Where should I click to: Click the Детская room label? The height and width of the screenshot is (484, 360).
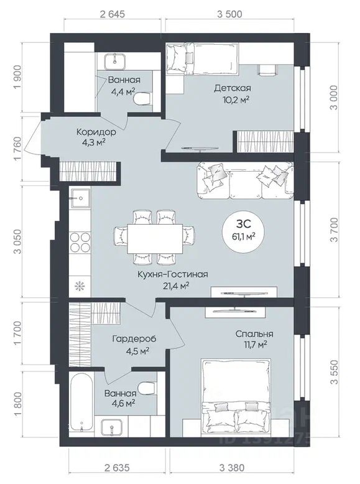tap(233, 88)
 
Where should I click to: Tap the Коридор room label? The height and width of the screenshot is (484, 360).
tap(96, 133)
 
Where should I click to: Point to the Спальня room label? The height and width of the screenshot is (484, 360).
tap(254, 334)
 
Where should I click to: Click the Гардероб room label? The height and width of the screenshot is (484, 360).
tap(134, 339)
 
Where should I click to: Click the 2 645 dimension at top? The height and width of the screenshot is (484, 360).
tap(113, 14)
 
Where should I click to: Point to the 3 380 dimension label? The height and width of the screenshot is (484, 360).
tap(231, 468)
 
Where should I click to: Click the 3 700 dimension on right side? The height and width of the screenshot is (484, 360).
tap(334, 231)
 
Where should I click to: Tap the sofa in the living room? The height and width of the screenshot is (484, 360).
tap(245, 181)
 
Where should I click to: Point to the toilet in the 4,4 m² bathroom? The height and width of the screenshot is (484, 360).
tap(142, 99)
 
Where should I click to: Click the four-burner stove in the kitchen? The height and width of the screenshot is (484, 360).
tap(80, 242)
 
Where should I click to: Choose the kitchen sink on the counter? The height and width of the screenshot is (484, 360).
tap(80, 198)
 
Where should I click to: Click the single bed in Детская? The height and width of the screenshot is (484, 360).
tap(202, 58)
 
